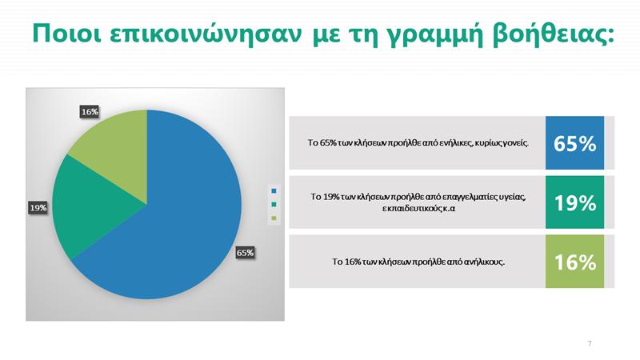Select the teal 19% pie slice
coord(100,204)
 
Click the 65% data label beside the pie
coord(245,253)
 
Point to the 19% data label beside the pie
coord(38,208)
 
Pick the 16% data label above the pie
coord(90,112)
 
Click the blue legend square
coord(274,191)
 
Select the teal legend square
coord(274,205)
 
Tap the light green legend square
coord(274,218)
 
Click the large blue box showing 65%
coord(574,144)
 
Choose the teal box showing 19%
coord(574,203)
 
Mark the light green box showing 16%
coord(574,262)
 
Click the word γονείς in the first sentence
coord(515,144)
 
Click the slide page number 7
coord(590,343)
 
